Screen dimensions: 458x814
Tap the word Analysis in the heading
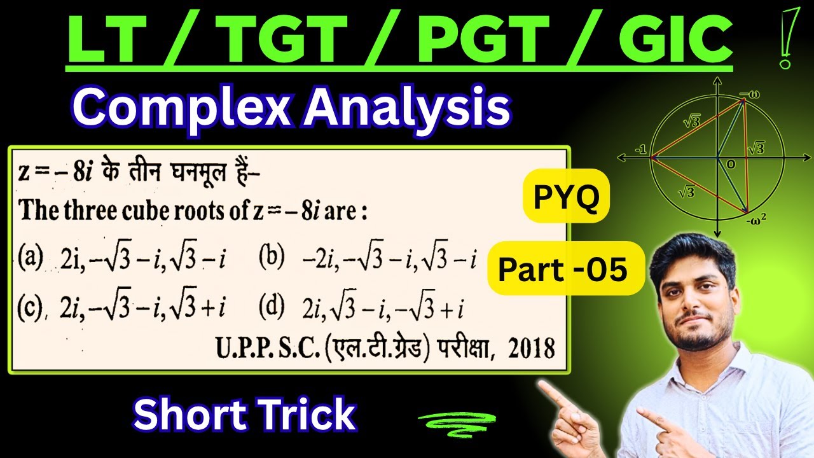(404, 109)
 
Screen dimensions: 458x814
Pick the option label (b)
(272, 260)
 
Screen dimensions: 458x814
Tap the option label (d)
(272, 308)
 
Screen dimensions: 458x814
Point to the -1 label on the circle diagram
(640, 151)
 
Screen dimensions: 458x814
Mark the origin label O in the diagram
(729, 164)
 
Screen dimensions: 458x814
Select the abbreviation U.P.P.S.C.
(263, 349)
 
